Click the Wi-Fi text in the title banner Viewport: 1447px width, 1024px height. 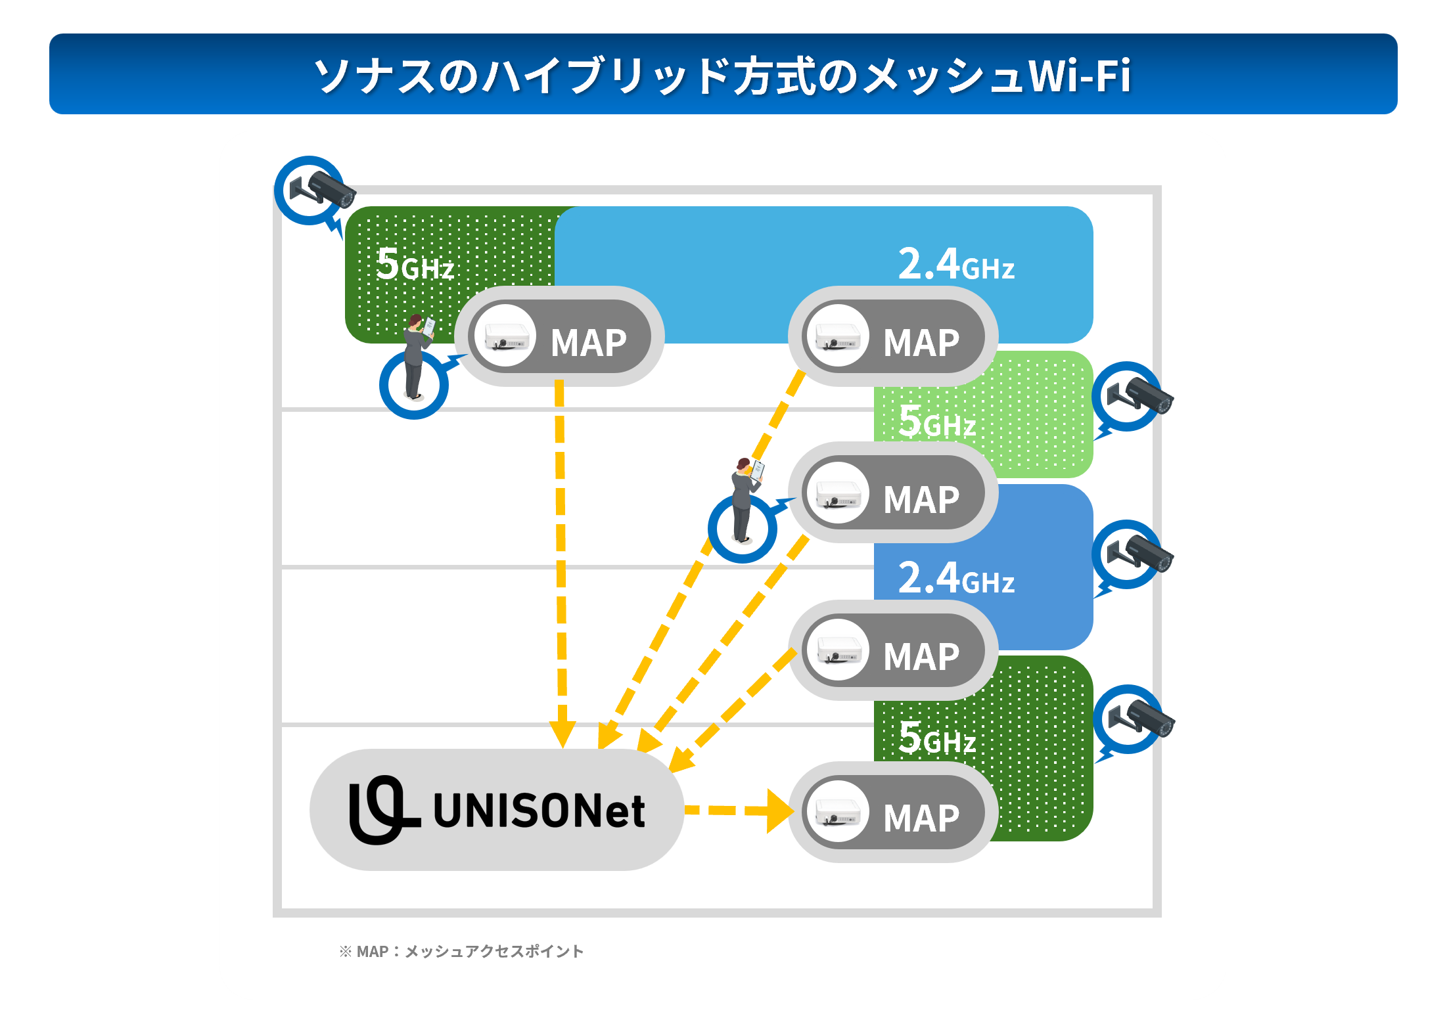(x=1079, y=76)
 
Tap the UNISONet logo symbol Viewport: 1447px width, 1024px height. (x=382, y=809)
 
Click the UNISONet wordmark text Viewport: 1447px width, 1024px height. (x=539, y=811)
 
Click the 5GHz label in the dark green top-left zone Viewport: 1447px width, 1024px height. (x=415, y=264)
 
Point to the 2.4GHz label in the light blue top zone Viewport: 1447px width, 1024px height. (x=955, y=264)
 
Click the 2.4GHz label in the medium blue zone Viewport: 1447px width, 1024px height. (x=955, y=578)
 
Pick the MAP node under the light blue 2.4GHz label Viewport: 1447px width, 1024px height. (x=892, y=336)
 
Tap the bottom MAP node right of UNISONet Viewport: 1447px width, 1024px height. (x=892, y=813)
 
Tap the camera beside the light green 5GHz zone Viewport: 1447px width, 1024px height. (x=1135, y=395)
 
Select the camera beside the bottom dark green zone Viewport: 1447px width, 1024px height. (x=1136, y=719)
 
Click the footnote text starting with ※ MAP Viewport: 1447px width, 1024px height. (x=461, y=951)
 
